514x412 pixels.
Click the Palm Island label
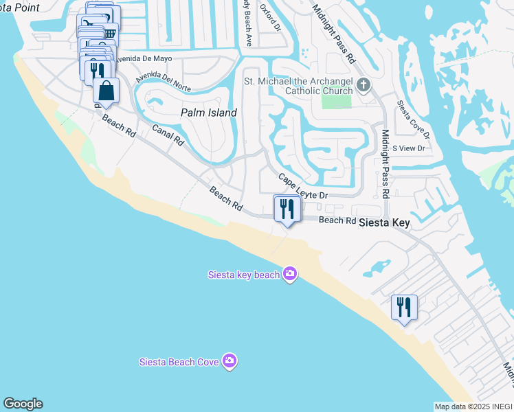tap(208, 113)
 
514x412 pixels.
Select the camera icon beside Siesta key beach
tap(290, 274)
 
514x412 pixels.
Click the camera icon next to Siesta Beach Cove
tap(230, 361)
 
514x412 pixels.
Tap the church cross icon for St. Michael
tap(364, 86)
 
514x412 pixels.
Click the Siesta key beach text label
tap(244, 275)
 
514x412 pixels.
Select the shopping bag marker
tap(107, 91)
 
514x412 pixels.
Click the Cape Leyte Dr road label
tap(304, 187)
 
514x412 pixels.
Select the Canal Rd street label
tap(168, 135)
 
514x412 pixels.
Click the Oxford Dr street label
tap(269, 16)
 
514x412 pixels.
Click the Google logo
tap(23, 404)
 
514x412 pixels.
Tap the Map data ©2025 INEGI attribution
tap(473, 407)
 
